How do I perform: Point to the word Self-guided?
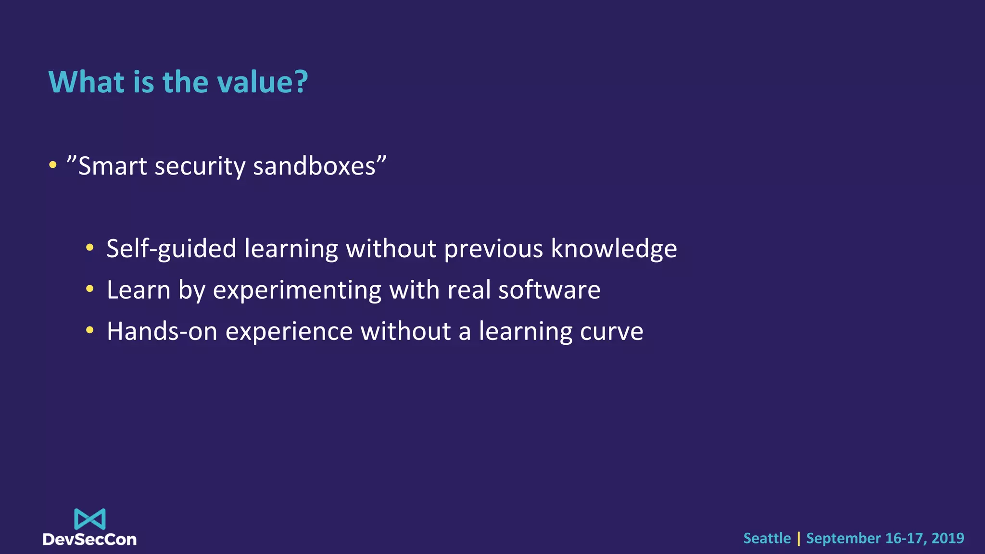171,249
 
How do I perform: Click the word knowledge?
613,249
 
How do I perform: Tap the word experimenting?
297,290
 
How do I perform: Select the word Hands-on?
162,332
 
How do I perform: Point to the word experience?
289,332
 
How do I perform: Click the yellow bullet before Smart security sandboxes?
53,165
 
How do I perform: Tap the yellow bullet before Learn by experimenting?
90,289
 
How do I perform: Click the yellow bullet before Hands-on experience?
90,330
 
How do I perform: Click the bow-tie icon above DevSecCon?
90,519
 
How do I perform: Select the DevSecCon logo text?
90,540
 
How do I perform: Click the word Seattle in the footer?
767,538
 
